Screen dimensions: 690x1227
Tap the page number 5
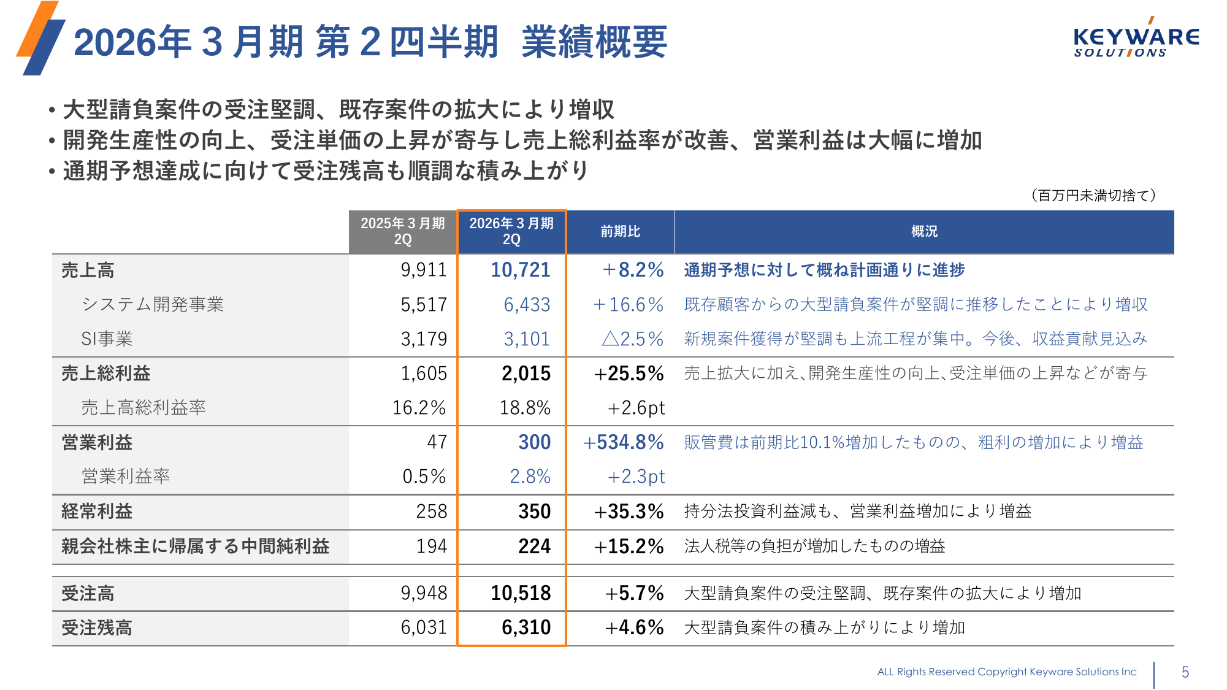[x=1185, y=672]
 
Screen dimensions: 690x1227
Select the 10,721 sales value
[x=520, y=270]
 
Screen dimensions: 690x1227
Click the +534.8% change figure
[x=623, y=442]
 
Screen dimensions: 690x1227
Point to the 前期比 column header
[x=620, y=231]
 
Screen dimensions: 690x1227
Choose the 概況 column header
[x=924, y=231]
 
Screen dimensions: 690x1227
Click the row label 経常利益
[x=97, y=512]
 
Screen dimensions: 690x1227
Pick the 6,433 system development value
[x=527, y=305]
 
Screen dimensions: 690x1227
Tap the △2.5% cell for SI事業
[x=632, y=339]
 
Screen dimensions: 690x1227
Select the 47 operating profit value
[x=437, y=442]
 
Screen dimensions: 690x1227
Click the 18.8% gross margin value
[x=525, y=408]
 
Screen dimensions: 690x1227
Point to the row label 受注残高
[x=97, y=628]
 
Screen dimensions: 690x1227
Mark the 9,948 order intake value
[x=424, y=593]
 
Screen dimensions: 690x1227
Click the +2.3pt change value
[x=636, y=477]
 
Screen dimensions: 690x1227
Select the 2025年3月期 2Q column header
[x=402, y=231]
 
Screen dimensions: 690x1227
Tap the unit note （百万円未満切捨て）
[x=1093, y=195]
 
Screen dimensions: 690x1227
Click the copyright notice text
[x=1006, y=672]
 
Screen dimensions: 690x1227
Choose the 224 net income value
[x=534, y=546]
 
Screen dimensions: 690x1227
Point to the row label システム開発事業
[x=153, y=305]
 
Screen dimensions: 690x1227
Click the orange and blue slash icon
[x=40, y=38]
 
